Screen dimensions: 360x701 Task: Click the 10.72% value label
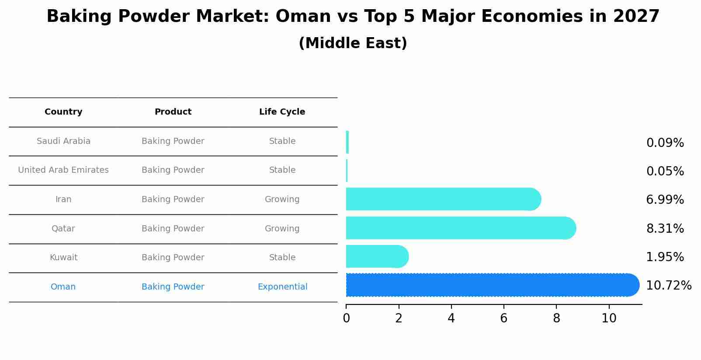click(668, 286)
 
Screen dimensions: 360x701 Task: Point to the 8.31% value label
click(665, 228)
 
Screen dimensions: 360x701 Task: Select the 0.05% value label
click(665, 171)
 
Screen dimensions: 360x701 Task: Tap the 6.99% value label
click(665, 200)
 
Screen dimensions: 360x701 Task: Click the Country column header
click(63, 112)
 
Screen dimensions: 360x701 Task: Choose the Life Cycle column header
click(282, 112)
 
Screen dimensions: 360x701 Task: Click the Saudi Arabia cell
click(63, 141)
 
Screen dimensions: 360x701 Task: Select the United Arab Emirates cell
click(63, 170)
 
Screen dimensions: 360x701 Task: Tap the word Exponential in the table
click(282, 287)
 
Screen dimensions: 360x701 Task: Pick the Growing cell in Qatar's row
click(282, 229)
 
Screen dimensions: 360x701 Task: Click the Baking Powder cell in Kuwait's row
click(173, 258)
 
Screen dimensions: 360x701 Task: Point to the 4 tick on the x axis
click(451, 318)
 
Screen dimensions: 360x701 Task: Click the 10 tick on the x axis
click(609, 318)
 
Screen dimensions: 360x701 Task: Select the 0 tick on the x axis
click(346, 318)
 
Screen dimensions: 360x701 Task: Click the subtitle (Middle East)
click(353, 43)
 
